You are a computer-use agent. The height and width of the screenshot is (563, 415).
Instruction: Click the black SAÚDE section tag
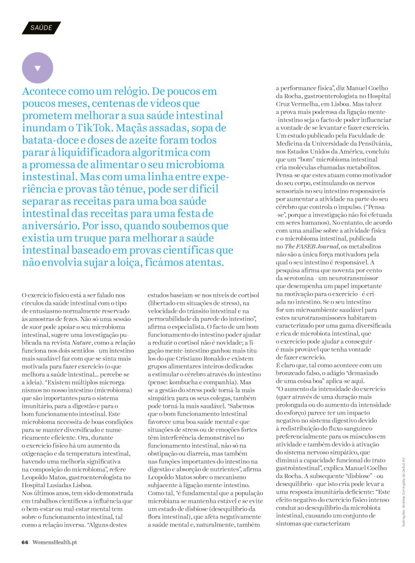pyautogui.click(x=41, y=27)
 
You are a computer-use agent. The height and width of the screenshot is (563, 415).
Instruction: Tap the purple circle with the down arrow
pyautogui.click(x=37, y=68)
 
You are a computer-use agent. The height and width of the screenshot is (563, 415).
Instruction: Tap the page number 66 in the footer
pyautogui.click(x=25, y=542)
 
